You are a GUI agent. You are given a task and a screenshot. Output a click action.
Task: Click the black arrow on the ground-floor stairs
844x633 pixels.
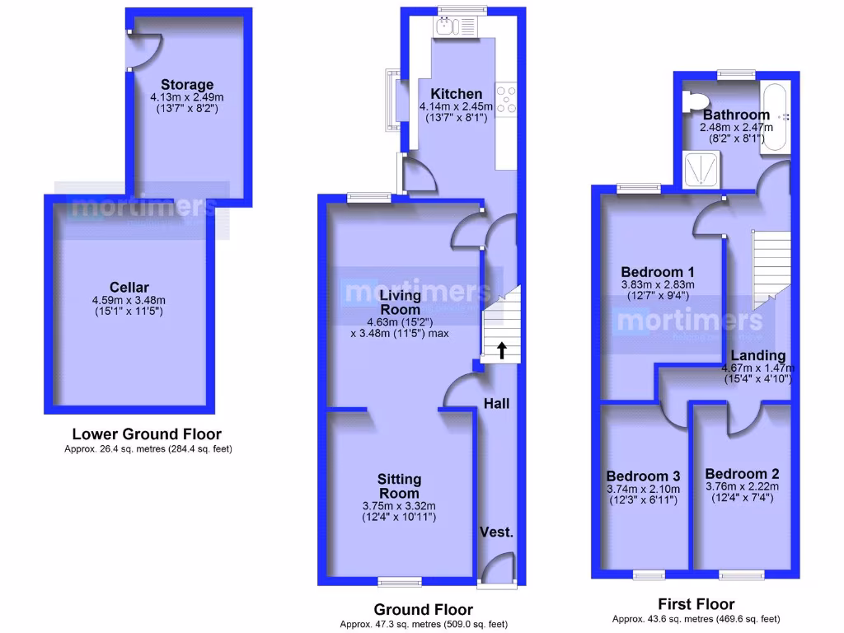500,350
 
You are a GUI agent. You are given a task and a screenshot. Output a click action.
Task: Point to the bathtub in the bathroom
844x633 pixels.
776,116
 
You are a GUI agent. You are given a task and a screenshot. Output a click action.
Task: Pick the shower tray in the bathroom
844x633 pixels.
701,170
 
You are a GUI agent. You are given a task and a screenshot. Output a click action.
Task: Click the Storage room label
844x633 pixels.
187,84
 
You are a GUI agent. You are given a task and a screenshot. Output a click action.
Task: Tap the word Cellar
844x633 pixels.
129,287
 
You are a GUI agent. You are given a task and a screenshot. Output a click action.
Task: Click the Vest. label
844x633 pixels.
497,532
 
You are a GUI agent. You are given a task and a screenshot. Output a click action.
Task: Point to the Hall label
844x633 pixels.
496,404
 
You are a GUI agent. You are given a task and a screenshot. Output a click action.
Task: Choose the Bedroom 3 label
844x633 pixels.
643,476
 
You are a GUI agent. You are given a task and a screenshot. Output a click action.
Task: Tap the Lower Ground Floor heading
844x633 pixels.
147,434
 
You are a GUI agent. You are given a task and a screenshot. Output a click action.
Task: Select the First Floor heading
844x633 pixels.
696,604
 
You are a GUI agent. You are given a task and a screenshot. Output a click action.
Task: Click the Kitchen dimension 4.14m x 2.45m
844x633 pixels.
456,106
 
